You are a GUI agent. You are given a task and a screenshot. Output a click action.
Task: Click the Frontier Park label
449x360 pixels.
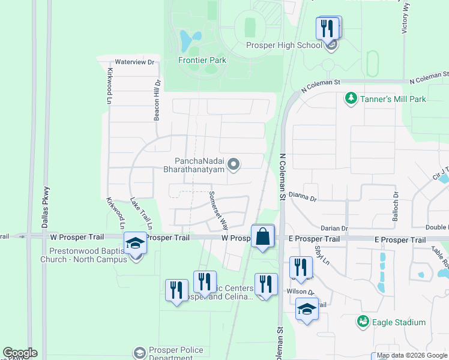tap(202, 60)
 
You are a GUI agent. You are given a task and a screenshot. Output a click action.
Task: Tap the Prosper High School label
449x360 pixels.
tap(284, 46)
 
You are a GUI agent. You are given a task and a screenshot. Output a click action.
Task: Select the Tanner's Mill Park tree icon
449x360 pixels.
tap(351, 97)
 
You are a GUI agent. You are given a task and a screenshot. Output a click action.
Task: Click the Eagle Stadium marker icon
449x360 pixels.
tap(363, 322)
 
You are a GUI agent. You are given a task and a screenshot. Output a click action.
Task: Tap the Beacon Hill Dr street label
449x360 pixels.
tap(157, 101)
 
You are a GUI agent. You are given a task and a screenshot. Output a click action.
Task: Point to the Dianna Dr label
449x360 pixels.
tap(302, 195)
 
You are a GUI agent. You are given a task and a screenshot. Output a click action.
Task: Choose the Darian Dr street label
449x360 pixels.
tap(334, 229)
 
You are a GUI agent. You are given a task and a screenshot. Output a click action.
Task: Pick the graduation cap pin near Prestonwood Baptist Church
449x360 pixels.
tap(136, 244)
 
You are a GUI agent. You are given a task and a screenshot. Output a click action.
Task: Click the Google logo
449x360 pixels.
tap(20, 353)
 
